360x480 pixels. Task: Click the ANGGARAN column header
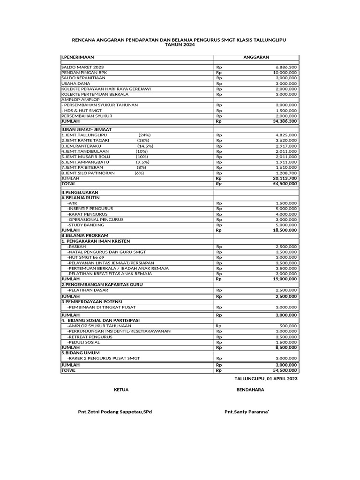[x=256, y=57]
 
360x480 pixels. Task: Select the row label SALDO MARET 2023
[x=82, y=67]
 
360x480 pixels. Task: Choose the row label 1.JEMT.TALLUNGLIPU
[x=84, y=135]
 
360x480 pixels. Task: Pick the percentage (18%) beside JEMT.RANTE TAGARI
[x=143, y=140]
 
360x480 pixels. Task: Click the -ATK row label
[x=72, y=203]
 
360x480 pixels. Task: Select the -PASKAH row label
[x=76, y=246]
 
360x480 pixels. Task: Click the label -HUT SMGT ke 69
[x=86, y=257]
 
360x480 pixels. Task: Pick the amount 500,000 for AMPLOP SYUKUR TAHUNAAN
[x=288, y=325]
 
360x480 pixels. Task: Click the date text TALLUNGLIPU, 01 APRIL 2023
[x=266, y=379]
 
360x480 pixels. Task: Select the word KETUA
[x=121, y=390]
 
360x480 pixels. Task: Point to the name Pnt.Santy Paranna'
[x=247, y=412]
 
